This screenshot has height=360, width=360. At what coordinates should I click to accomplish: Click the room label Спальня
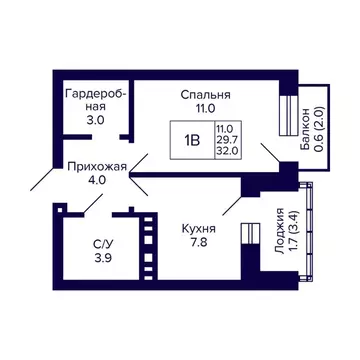[200, 95]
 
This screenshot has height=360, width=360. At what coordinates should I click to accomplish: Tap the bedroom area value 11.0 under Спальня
[200, 110]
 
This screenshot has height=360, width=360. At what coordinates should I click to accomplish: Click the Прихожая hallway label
[97, 167]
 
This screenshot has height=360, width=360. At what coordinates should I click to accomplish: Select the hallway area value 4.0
[97, 182]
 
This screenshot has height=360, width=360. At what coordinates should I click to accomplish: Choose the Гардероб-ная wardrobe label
[94, 101]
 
